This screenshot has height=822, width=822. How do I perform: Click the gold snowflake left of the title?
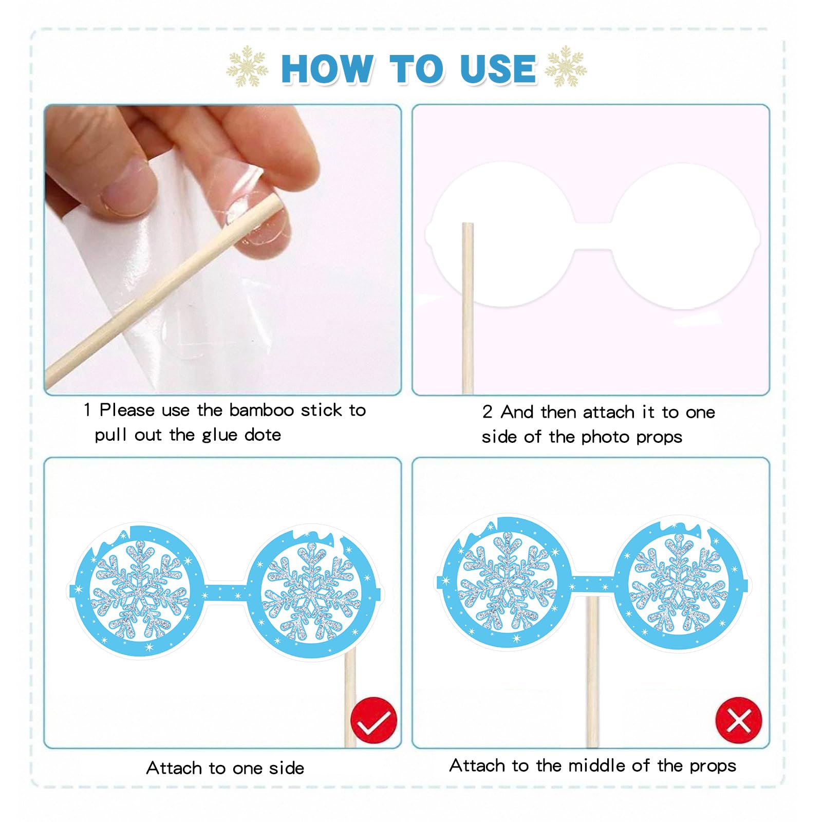click(x=248, y=66)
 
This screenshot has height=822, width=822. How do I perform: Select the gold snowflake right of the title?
click(x=566, y=66)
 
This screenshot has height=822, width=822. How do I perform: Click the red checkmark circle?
click(x=373, y=720)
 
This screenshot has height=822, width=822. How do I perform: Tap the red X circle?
click(x=739, y=720)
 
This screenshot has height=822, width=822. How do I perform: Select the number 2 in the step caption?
click(x=487, y=412)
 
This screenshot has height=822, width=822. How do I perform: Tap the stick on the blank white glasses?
click(x=468, y=308)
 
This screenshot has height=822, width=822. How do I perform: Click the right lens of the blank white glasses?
click(x=684, y=236)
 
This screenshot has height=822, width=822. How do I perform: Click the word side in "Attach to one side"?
click(x=287, y=768)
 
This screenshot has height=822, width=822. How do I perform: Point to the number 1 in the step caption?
click(x=87, y=410)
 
